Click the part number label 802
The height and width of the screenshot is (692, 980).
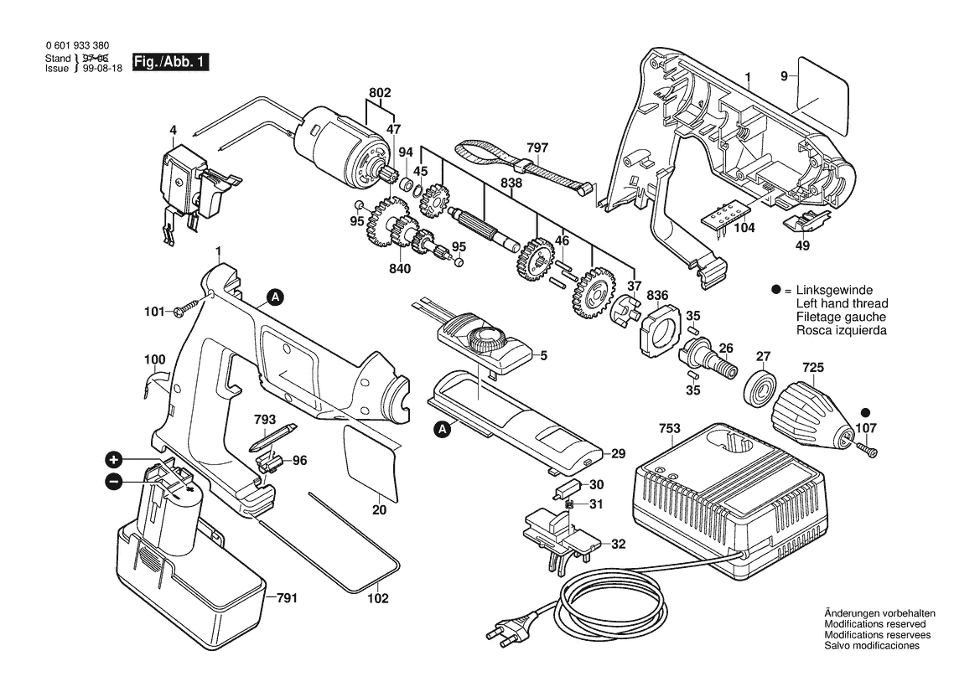[380, 92]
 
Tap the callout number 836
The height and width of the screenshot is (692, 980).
[657, 294]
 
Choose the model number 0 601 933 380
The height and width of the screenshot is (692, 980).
[76, 46]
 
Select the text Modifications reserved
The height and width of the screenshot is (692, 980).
[875, 625]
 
